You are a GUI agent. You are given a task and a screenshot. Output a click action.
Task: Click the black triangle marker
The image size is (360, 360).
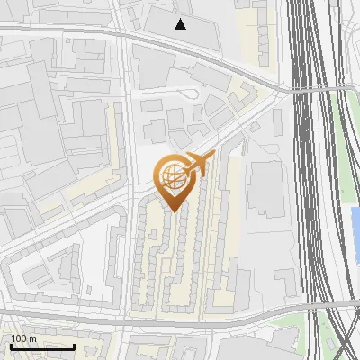click(x=181, y=24)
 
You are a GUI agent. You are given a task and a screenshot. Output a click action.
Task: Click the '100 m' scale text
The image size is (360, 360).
click(x=23, y=338)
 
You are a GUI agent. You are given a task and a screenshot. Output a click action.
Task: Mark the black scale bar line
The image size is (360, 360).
click(x=42, y=346)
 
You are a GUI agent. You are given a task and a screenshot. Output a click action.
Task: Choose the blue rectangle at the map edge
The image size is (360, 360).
click(x=355, y=229)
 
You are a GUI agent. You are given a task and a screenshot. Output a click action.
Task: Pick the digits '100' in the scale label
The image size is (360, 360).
click(x=19, y=338)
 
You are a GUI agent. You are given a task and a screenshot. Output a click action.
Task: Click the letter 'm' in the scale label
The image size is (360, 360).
click(x=32, y=338)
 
